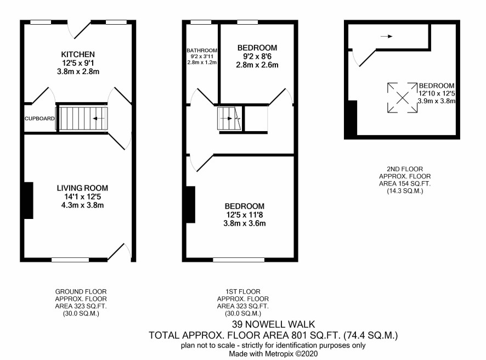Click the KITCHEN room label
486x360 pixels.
tap(78, 54)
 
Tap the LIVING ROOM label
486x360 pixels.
tap(82, 188)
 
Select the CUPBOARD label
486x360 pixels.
tap(39, 119)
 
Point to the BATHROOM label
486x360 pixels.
tap(202, 50)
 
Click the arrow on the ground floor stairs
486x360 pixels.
tap(98, 119)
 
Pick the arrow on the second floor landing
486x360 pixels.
tap(387, 36)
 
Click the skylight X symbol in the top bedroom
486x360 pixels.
tap(402, 98)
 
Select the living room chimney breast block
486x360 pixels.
tap(29, 201)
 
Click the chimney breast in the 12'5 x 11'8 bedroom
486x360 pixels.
tap(191, 205)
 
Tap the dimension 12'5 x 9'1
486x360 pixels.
tap(78, 63)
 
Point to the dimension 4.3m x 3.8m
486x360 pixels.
tap(82, 205)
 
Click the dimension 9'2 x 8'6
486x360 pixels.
tap(257, 57)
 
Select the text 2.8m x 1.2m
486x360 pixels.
tap(202, 63)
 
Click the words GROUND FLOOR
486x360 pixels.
tap(81, 292)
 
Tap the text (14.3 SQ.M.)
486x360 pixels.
tap(405, 191)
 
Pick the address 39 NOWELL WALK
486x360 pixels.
tap(274, 324)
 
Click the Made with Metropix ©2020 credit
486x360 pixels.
tap(273, 353)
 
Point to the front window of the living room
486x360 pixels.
tap(70, 260)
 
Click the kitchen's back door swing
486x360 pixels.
tap(80, 30)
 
